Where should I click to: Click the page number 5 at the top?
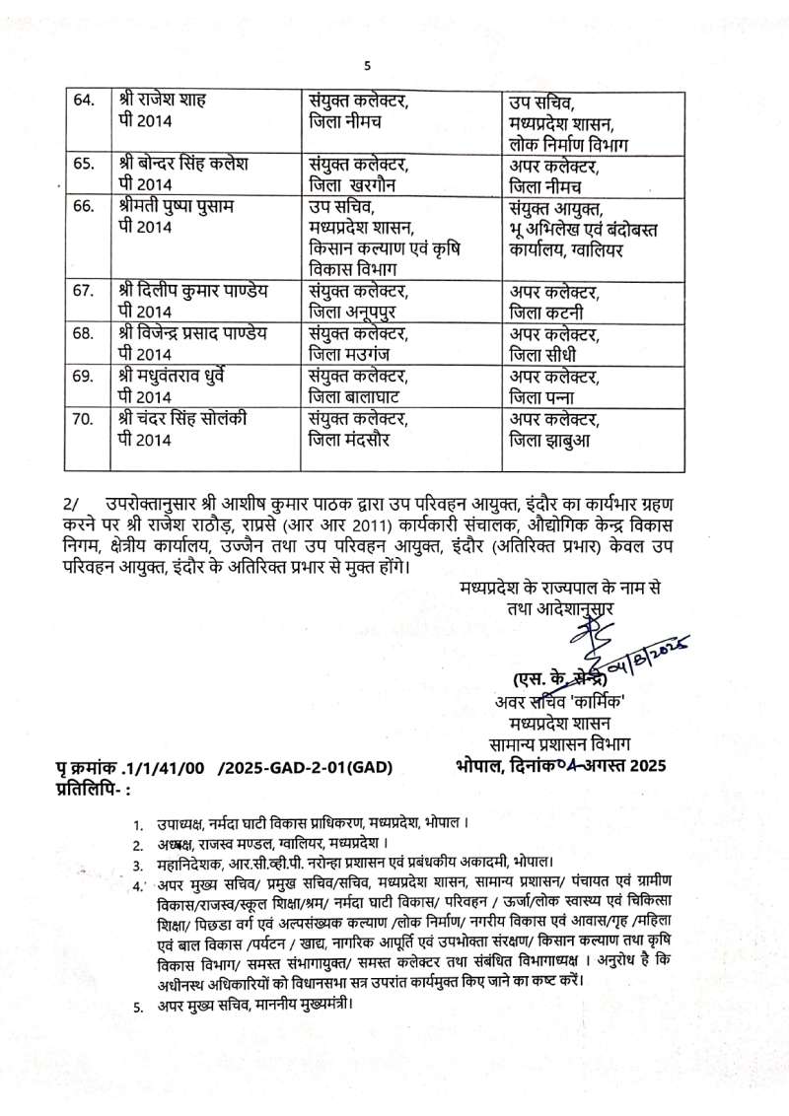367,66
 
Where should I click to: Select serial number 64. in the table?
85,101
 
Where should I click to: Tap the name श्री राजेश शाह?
162,101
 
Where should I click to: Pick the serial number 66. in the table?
85,206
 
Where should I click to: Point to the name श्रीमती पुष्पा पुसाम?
176,206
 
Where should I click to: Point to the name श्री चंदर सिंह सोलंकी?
179,418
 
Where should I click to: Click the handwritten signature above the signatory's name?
592,646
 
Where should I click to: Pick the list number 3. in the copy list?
139,865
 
